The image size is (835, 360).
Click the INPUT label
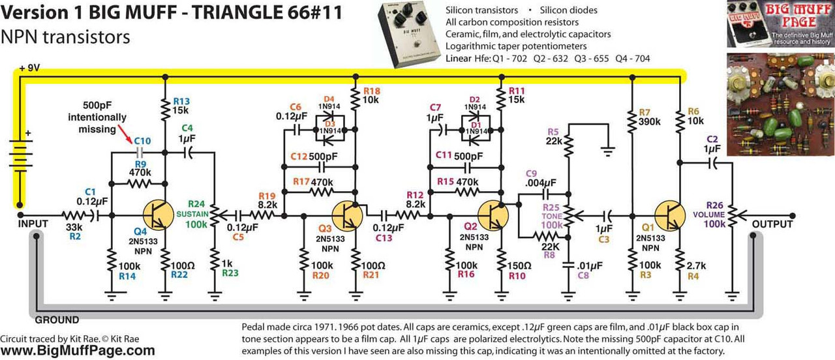pyautogui.click(x=33, y=224)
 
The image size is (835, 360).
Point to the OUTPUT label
pyautogui.click(x=772, y=224)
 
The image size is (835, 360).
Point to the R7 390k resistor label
pyautogui.click(x=649, y=118)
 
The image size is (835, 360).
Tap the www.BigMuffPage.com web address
pyautogui.click(x=78, y=351)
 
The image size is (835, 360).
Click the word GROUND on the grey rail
pyautogui.click(x=57, y=320)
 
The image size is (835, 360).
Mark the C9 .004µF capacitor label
pyautogui.click(x=541, y=177)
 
